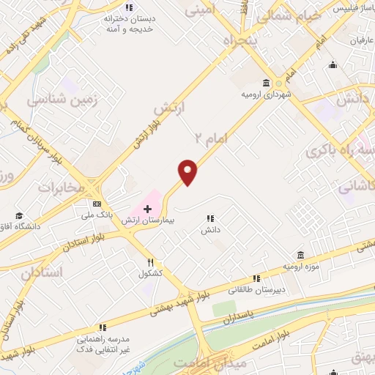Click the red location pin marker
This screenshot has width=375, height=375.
coord(188,172)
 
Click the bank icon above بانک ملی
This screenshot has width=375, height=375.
coord(97,204)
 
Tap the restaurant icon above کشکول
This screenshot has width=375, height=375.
coord(150,262)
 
